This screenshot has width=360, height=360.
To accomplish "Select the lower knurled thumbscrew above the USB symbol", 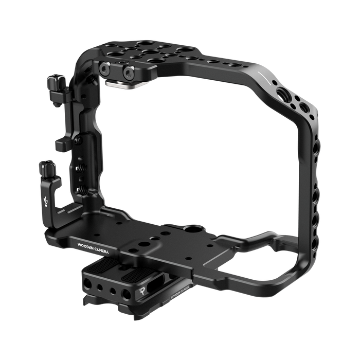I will [47, 168].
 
